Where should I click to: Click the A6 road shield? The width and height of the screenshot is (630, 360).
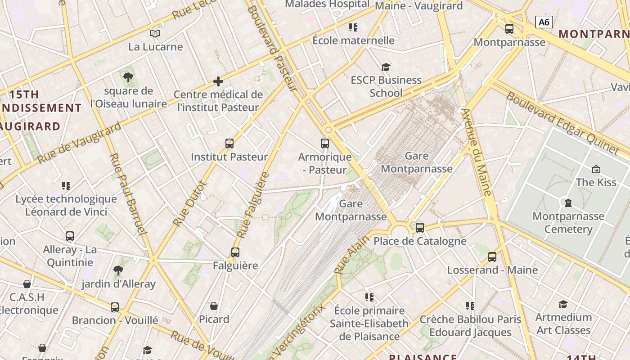pyautogui.click(x=544, y=22)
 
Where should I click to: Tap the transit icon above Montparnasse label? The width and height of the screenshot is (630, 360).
pyautogui.click(x=509, y=29)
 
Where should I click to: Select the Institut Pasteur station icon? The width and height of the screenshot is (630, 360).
pyautogui.click(x=229, y=144)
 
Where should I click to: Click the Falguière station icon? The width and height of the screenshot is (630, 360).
pyautogui.click(x=235, y=252)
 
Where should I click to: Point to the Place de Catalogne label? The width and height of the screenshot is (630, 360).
pyautogui.click(x=420, y=241)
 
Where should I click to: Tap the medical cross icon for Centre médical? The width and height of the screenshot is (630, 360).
pyautogui.click(x=218, y=81)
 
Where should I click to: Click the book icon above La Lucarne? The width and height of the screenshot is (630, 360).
pyautogui.click(x=155, y=33)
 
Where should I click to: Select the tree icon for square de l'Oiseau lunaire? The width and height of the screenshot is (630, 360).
pyautogui.click(x=128, y=77)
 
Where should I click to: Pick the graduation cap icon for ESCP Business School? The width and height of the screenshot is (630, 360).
pyautogui.click(x=386, y=67)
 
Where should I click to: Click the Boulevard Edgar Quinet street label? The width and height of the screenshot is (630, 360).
pyautogui.click(x=562, y=122)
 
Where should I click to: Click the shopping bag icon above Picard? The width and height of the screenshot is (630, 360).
pyautogui.click(x=214, y=306)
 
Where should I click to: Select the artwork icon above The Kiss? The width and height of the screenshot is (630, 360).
pyautogui.click(x=596, y=169)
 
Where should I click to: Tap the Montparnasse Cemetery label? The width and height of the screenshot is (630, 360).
pyautogui.click(x=568, y=223)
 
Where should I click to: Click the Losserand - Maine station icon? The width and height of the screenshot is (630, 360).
pyautogui.click(x=492, y=257)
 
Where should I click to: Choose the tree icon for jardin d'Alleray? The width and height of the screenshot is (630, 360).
pyautogui.click(x=118, y=270)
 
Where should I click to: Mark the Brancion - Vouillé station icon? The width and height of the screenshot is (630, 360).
pyautogui.click(x=115, y=307)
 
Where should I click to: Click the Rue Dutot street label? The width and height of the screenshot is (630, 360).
pyautogui.click(x=189, y=204)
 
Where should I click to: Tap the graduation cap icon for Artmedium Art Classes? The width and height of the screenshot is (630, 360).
pyautogui.click(x=563, y=304)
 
